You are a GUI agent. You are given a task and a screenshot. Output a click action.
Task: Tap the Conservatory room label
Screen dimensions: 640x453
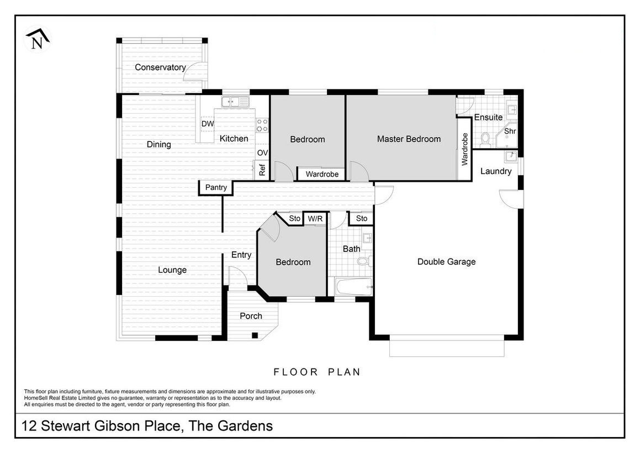(x=160, y=67)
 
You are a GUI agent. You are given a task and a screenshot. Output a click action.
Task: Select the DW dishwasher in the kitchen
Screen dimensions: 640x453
(x=207, y=124)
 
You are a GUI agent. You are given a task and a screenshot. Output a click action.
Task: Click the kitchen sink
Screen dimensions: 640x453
(x=235, y=102)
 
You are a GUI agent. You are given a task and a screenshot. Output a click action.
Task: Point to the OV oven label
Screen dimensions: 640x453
(x=262, y=152)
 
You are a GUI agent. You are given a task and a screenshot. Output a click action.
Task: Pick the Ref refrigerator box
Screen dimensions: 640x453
(x=262, y=169)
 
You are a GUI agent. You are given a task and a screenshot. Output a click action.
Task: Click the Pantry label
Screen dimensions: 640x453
(x=216, y=187)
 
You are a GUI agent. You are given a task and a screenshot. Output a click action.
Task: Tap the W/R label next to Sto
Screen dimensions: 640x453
(x=315, y=219)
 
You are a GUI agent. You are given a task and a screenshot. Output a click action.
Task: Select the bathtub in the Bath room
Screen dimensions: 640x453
(x=353, y=287)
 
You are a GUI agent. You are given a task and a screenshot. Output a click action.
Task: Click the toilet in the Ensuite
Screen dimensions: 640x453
(x=485, y=139)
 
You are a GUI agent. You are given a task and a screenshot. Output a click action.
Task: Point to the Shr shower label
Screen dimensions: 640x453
(x=510, y=131)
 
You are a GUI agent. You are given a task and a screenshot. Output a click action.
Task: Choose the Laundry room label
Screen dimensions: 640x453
(x=495, y=171)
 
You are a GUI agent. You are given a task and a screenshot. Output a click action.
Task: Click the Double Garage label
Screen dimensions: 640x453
(x=446, y=262)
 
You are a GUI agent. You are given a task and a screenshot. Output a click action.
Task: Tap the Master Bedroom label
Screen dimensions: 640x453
(x=409, y=139)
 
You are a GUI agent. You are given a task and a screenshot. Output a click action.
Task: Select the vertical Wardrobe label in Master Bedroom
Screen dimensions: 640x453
(x=464, y=149)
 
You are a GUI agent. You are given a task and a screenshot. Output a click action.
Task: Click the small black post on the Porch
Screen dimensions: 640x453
(x=255, y=335)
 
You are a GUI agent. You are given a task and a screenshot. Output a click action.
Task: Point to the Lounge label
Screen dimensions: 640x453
(x=172, y=270)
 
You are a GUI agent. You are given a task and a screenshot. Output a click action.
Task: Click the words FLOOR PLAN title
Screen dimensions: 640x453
(x=317, y=372)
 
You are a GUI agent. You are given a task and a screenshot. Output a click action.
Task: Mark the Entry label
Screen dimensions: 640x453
(x=241, y=255)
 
